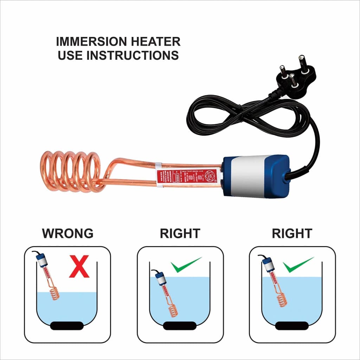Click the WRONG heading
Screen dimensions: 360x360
pyautogui.click(x=67, y=233)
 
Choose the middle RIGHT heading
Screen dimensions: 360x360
pyautogui.click(x=180, y=233)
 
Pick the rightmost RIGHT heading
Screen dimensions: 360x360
pyautogui.click(x=292, y=233)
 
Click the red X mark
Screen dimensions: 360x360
pyautogui.click(x=79, y=266)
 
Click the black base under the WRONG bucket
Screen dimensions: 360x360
pyautogui.click(x=67, y=326)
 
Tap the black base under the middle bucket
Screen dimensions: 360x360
pyautogui.click(x=180, y=326)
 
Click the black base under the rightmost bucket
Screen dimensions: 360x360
pyautogui.click(x=292, y=326)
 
